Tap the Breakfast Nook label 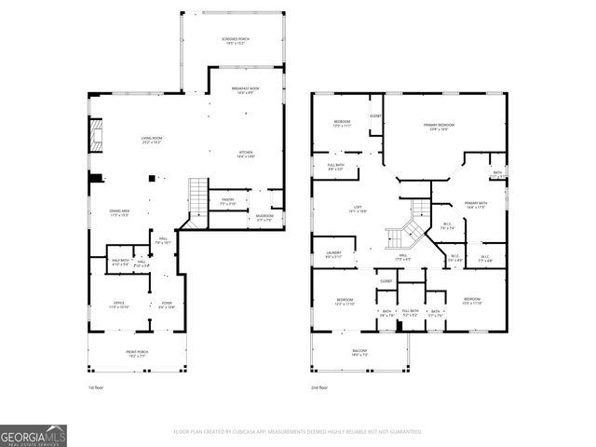coord(246,89)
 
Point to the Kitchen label coord(246,155)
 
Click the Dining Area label coord(119,213)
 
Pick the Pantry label coord(227,200)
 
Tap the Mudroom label coord(264,219)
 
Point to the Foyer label coord(167,305)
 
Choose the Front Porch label coord(138,353)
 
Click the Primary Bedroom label coord(440,127)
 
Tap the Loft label coord(357,210)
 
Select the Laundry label coord(333,254)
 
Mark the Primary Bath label coord(463,206)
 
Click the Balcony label coord(360,353)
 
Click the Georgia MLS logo coord(34,435)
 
